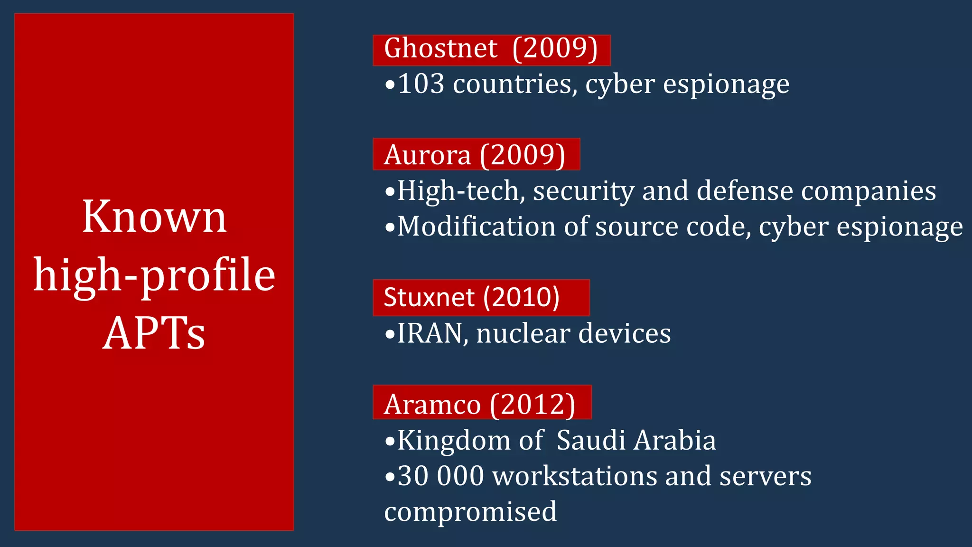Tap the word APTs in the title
(154, 333)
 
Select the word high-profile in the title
(154, 275)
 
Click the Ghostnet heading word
(440, 48)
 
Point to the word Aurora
(427, 155)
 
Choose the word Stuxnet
(429, 298)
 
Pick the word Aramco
(432, 405)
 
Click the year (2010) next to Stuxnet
(521, 298)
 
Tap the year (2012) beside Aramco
(533, 405)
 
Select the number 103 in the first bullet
(421, 84)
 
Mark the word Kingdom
(453, 441)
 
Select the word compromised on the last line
(470, 512)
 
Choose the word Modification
(476, 226)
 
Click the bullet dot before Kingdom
(390, 442)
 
